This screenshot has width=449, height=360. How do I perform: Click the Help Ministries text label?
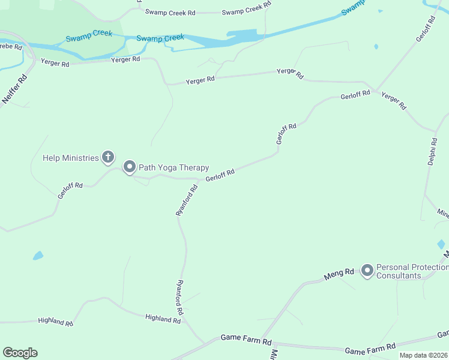(70, 158)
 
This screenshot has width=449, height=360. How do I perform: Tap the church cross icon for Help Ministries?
(108, 158)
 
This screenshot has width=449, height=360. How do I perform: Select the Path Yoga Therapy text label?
(173, 167)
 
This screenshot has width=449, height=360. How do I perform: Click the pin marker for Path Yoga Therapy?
(129, 167)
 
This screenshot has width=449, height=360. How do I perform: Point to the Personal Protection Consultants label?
(412, 271)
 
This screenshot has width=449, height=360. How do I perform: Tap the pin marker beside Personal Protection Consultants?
(367, 271)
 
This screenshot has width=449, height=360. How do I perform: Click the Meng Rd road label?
(339, 274)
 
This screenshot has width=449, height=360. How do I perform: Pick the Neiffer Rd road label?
(16, 89)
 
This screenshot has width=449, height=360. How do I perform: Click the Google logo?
(20, 353)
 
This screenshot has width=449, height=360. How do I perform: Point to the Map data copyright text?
(423, 355)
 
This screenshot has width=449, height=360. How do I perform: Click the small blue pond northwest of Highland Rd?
(38, 256)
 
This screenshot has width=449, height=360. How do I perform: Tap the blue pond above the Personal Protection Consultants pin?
(441, 244)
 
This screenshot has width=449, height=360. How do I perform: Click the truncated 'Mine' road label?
(442, 213)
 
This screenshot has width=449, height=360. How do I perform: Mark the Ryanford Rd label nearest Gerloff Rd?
(186, 200)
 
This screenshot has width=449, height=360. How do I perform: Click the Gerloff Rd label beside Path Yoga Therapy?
(220, 175)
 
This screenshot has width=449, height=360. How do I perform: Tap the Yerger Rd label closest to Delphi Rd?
(394, 101)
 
